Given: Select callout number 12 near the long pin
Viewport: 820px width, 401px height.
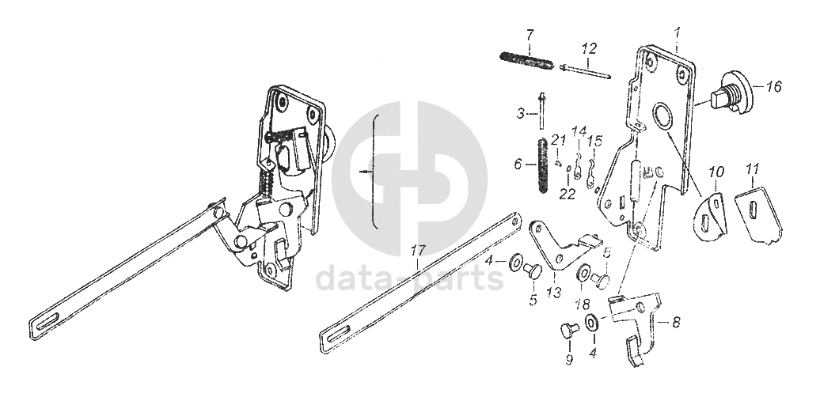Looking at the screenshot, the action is (587, 48).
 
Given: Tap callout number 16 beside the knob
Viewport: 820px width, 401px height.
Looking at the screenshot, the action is (773, 87).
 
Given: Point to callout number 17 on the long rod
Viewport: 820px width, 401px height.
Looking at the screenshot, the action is (419, 251).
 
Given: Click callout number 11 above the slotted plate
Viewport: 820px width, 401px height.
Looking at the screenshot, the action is (752, 168).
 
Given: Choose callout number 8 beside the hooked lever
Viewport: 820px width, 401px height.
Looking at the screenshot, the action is (675, 322).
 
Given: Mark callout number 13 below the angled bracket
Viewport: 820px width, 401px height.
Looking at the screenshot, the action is (553, 293).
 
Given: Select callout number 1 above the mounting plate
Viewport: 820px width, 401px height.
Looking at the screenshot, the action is (678, 32).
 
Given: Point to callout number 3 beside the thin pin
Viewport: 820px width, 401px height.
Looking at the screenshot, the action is (521, 114).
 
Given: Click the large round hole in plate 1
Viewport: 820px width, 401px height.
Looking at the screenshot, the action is (662, 117).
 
